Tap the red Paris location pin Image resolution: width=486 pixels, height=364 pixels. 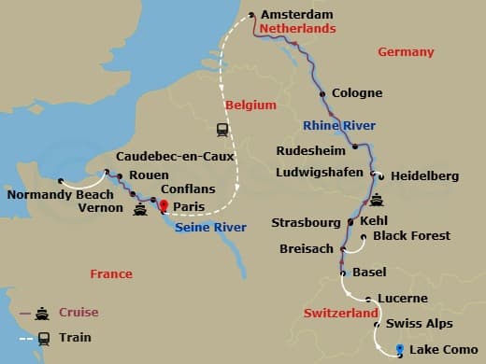click(x=164, y=206)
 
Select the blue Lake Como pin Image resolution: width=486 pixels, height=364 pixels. click(x=400, y=350)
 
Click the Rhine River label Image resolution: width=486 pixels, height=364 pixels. click(x=339, y=125)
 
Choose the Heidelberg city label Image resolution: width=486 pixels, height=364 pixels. click(x=424, y=175)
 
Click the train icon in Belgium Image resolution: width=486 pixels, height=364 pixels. click(x=222, y=130)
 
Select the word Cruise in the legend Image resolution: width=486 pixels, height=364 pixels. click(x=78, y=313)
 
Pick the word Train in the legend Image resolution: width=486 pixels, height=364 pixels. click(x=75, y=339)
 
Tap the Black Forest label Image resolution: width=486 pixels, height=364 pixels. click(x=411, y=236)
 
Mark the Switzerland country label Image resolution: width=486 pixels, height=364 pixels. click(x=341, y=314)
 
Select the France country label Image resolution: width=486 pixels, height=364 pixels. click(x=111, y=274)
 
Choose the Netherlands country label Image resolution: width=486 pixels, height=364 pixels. click(x=298, y=30)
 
